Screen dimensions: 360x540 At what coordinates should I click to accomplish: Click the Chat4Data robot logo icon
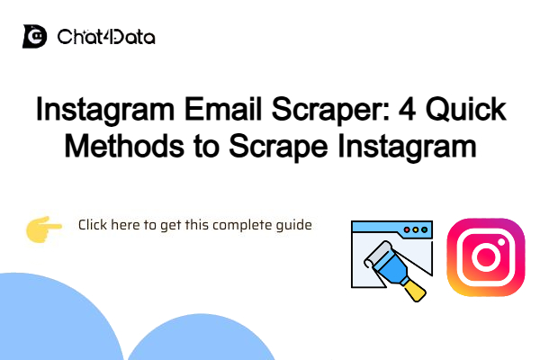[x=35, y=38]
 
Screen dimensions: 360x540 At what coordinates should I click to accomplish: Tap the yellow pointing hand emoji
[x=43, y=230]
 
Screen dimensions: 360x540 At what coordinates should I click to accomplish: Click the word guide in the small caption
[x=293, y=225]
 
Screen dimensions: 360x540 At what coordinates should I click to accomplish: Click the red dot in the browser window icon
[x=406, y=230]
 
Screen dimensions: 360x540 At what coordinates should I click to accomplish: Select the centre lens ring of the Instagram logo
[x=485, y=258]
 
